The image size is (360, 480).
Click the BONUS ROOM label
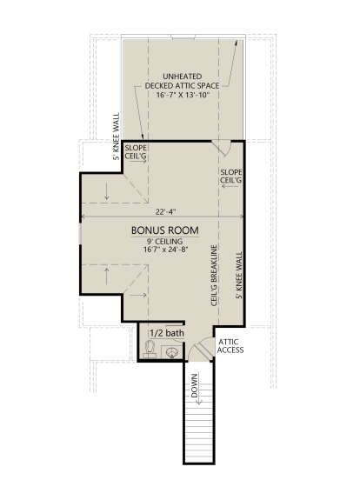tap(164, 230)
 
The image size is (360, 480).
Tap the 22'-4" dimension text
tap(165, 212)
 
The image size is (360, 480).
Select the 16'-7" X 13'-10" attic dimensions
tap(182, 95)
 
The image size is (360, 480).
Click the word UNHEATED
tap(182, 77)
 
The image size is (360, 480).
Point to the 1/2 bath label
tap(167, 333)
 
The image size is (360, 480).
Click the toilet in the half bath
tap(150, 350)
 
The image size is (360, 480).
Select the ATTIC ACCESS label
tap(230, 346)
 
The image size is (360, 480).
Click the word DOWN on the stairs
tap(195, 386)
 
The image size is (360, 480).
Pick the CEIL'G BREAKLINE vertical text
tap(215, 275)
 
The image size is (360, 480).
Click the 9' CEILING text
tap(165, 242)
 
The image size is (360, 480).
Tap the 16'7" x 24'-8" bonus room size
tap(165, 250)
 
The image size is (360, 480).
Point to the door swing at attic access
tap(200, 349)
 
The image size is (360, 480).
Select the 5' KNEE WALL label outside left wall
tap(117, 137)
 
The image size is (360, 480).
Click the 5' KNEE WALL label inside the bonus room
tap(239, 275)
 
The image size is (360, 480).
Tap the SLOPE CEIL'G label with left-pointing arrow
tap(231, 177)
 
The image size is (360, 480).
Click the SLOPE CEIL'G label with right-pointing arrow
tap(136, 152)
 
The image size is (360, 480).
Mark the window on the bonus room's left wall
tap(80, 234)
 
